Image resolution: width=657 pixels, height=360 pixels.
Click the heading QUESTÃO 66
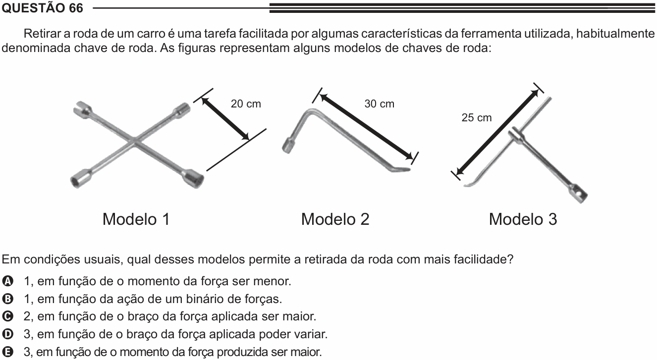pos(42,8)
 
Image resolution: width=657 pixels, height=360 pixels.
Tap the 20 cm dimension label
pos(246,104)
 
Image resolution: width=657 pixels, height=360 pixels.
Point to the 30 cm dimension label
pos(379,104)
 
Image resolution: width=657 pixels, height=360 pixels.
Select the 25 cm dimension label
pos(477,117)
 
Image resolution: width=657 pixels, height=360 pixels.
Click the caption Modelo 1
pos(136,219)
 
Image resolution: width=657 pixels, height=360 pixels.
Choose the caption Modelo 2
pos(335,219)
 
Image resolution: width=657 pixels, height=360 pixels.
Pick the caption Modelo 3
pos(523,219)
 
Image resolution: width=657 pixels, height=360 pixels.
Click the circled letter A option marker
pos(7,281)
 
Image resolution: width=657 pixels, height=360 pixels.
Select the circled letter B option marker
pos(7,299)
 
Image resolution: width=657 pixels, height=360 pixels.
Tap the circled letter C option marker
pos(7,316)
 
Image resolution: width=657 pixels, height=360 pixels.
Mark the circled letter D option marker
pos(7,334)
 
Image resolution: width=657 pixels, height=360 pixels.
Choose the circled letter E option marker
pos(7,352)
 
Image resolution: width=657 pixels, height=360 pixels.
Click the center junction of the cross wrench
pos(135,141)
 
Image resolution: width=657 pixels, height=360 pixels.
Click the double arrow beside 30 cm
pos(366,127)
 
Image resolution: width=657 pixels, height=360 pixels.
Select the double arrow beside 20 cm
pos(225,118)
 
